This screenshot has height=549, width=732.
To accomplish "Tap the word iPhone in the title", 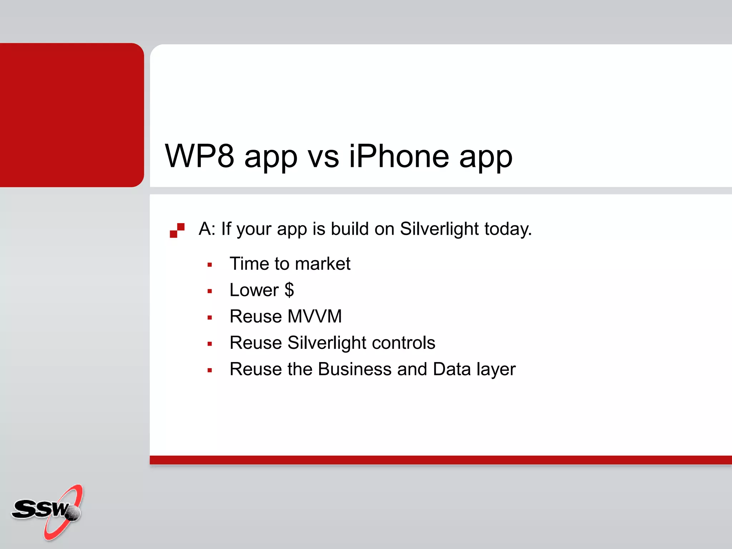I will pos(399,156).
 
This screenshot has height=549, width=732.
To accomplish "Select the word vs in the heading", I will pos(323,157).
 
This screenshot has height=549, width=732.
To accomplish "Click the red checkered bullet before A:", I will pos(177,230).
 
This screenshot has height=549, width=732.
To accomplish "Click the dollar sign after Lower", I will pos(289,290).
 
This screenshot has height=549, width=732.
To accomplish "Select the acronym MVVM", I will pos(315,316).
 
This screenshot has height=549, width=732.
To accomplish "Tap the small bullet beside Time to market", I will pos(210,265).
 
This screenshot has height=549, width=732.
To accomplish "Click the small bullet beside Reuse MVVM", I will pos(210,317).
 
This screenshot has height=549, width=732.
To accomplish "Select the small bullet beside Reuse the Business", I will pos(210,370).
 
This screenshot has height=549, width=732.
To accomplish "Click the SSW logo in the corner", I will pos(46,511).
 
